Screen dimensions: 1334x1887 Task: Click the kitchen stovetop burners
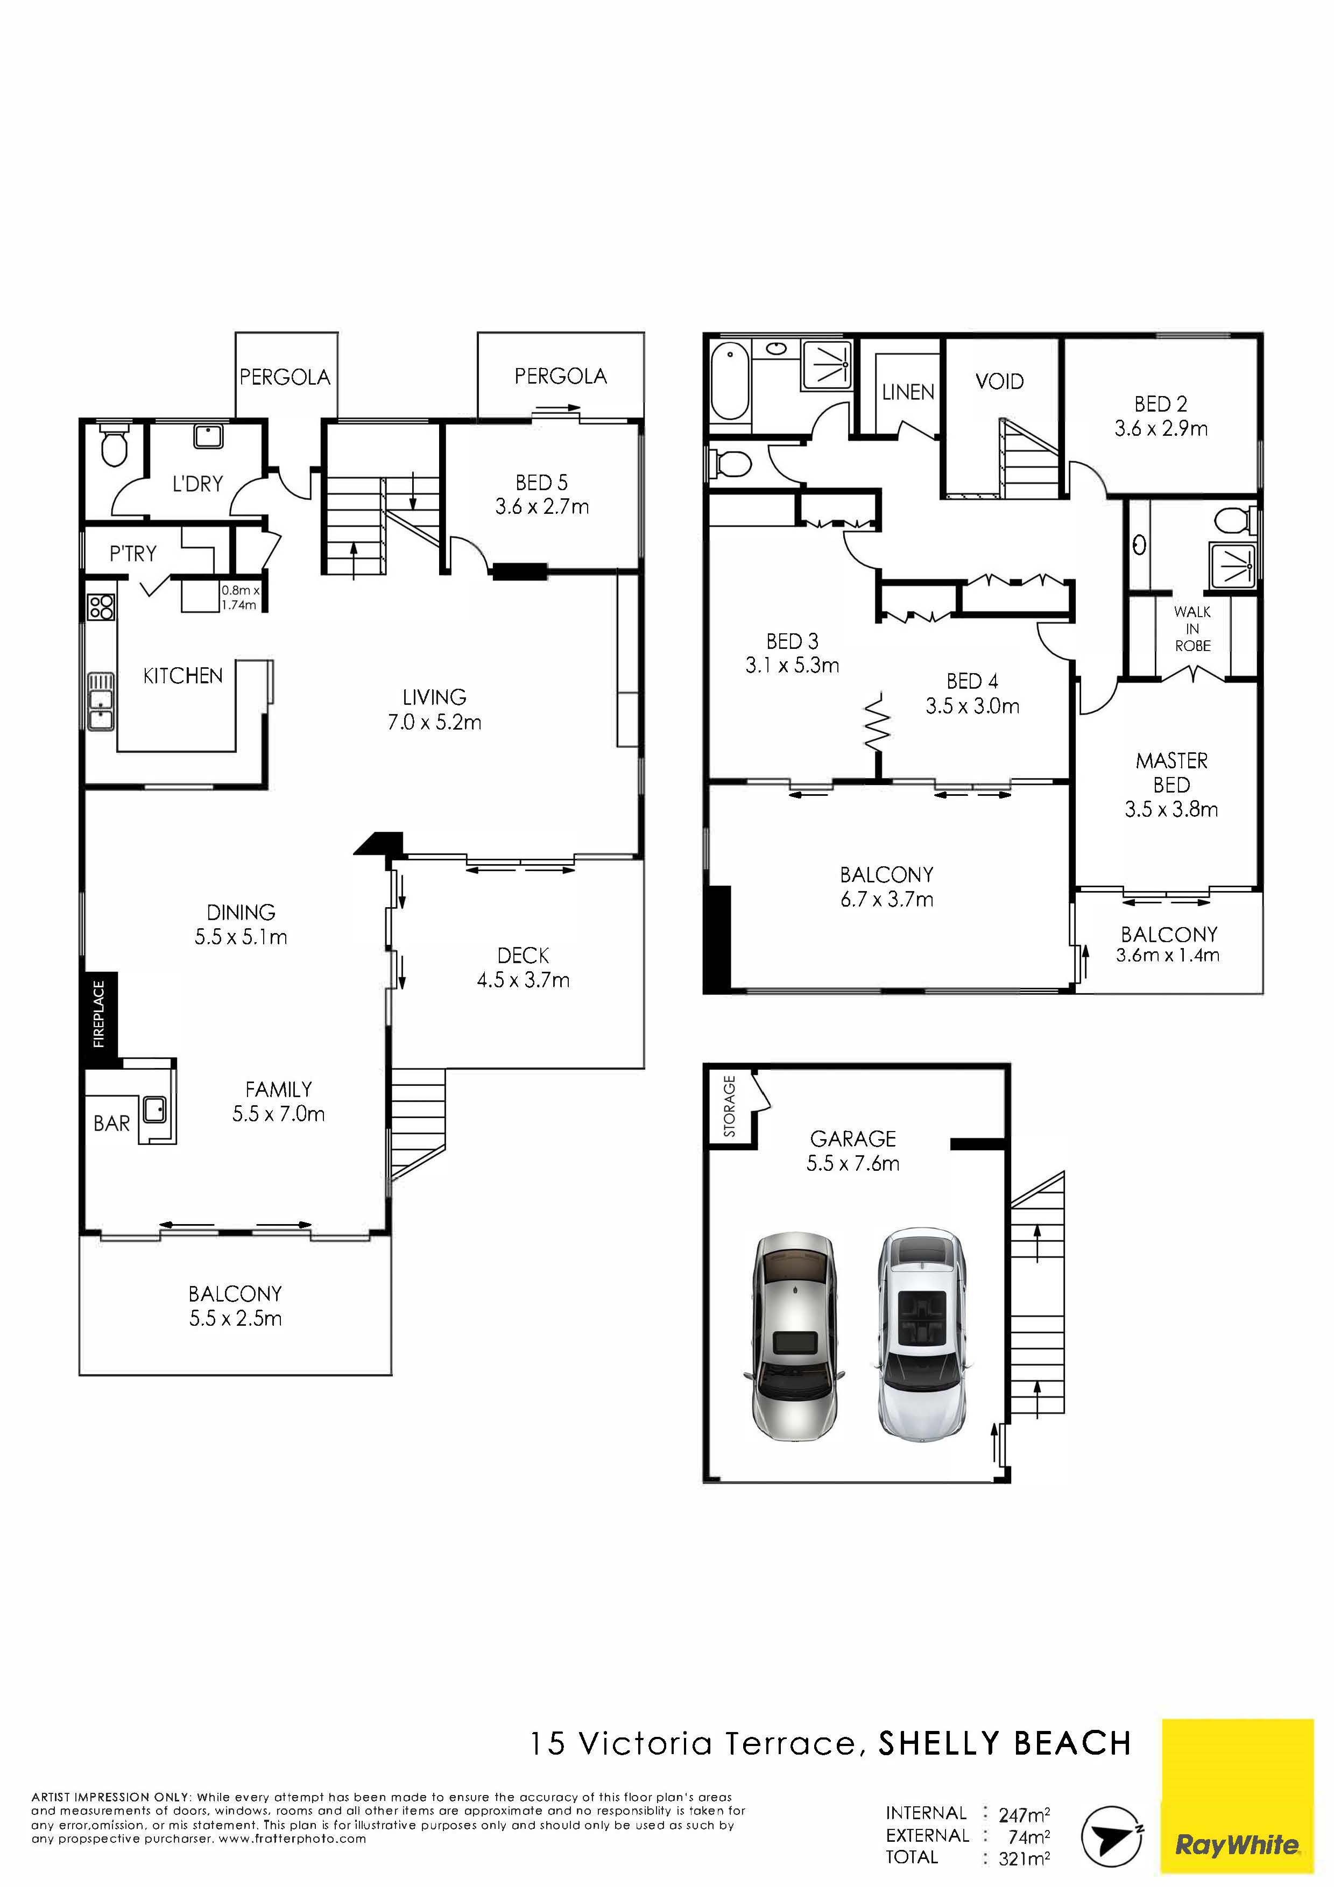tap(101, 606)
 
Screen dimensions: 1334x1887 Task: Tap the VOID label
tap(999, 381)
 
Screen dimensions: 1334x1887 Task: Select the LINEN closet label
tap(908, 393)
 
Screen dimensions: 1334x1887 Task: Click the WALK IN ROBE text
tap(1192, 628)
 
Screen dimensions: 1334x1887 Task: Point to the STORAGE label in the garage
tap(730, 1107)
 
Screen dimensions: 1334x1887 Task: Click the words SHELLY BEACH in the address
tap(1005, 1743)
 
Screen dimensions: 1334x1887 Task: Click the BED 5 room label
tap(542, 483)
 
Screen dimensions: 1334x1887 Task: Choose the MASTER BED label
tap(1172, 773)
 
